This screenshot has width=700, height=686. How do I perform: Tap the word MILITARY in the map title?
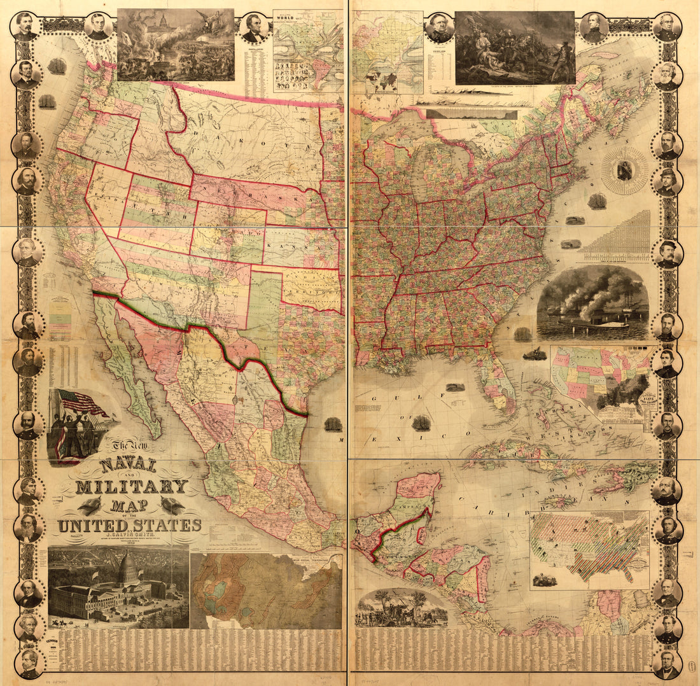(131, 487)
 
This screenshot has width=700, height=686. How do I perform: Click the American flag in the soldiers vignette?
(81, 404)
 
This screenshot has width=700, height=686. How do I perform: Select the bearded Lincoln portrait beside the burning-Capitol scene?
(255, 29)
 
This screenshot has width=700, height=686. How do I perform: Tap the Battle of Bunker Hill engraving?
(515, 47)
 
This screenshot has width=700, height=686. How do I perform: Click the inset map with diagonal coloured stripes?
(589, 547)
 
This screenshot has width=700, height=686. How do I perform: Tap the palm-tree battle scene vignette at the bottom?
(401, 608)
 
